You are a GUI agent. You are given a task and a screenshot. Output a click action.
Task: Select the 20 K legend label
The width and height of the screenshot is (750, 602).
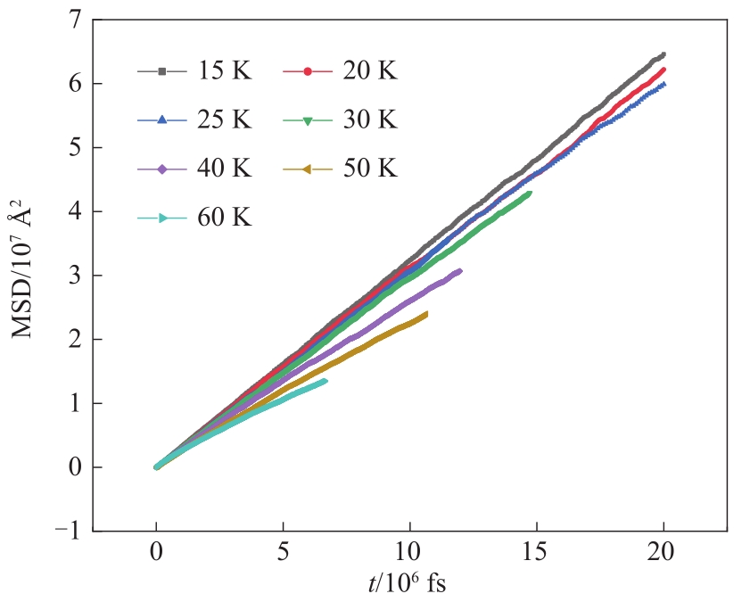369,70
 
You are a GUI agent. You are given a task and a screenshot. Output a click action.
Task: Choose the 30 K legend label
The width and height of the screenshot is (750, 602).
369,120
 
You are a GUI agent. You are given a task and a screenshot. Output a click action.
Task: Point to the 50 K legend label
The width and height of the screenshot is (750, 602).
369,168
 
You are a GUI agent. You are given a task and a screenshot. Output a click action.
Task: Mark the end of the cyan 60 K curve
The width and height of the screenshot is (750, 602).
325,381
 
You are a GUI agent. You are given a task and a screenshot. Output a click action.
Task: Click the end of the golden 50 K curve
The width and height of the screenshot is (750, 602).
426,313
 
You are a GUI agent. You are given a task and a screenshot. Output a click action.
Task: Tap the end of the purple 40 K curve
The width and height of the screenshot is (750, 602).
460,270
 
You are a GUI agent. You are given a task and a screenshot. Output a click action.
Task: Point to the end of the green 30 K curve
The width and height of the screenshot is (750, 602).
530,193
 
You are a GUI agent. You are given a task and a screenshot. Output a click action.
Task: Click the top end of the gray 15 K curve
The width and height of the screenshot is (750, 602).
663,54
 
